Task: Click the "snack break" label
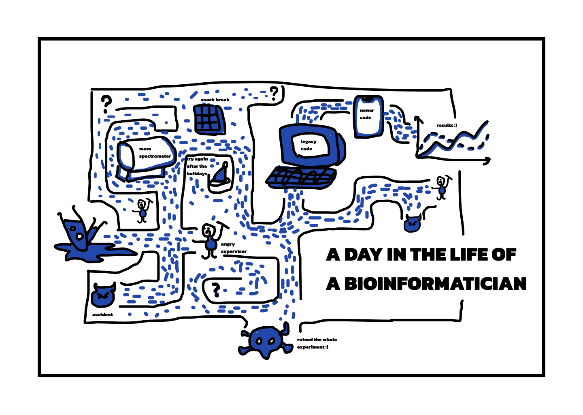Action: [215, 100]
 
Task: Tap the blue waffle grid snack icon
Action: [209, 119]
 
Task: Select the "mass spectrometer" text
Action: [155, 153]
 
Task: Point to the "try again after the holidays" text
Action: [197, 166]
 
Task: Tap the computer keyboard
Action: [301, 178]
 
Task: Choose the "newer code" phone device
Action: [368, 116]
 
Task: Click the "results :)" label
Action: [447, 125]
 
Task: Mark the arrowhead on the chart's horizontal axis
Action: [487, 160]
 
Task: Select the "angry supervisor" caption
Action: [234, 248]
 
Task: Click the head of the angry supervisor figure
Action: [208, 230]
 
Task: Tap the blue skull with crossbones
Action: [266, 341]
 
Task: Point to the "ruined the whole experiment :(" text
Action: [317, 343]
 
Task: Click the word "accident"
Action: [102, 314]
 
